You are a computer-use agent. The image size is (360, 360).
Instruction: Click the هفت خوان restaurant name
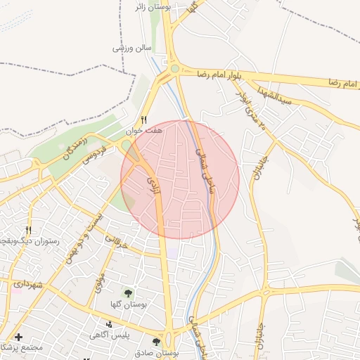tap(144, 131)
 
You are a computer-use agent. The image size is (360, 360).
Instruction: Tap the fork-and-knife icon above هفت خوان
tap(144, 120)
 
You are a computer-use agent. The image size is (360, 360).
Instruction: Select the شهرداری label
tap(27, 284)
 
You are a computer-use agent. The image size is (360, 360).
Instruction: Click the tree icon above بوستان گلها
tap(129, 292)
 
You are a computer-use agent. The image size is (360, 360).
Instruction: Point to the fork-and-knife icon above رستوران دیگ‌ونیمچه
tap(29, 229)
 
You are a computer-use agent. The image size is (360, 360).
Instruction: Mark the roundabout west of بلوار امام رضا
tap(174, 69)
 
